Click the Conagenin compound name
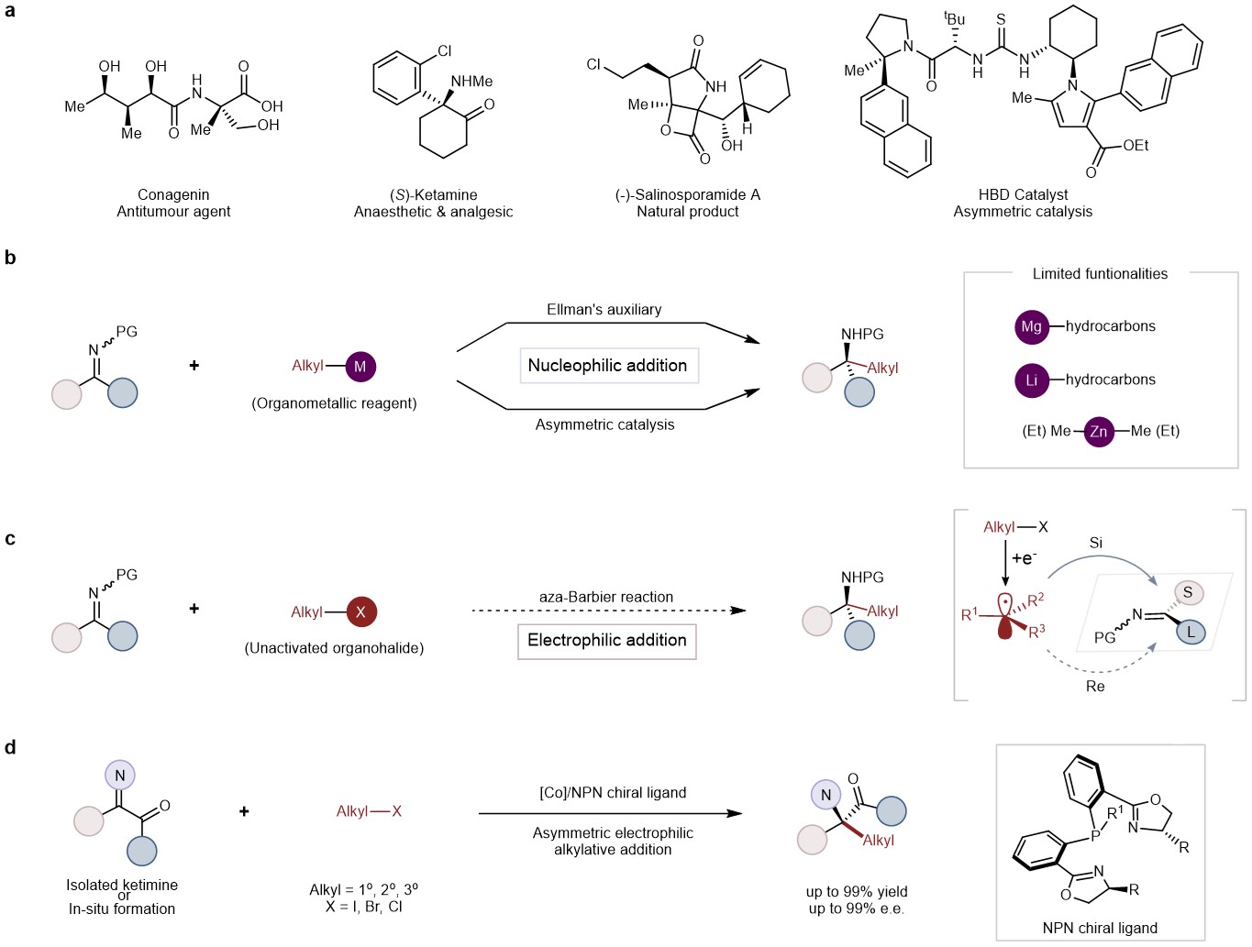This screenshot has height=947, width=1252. pos(173,194)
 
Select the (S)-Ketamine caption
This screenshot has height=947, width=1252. pos(433,194)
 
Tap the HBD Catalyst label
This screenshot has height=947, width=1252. pos(1023,194)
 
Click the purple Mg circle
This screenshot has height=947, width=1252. pos(1032,326)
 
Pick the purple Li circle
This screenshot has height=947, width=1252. pos(1032,380)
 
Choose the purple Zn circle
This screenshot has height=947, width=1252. pos(1099,431)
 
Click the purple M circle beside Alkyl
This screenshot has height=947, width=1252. pos(360,366)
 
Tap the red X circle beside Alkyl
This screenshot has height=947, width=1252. pos(360,611)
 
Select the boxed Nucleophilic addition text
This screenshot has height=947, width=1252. pos(608,365)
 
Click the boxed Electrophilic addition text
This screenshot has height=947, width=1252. pos(607,640)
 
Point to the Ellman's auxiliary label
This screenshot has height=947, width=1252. pos(604,310)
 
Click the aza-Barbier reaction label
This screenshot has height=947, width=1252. pos(605,597)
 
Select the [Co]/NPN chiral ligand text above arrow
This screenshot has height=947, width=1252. pos(613,792)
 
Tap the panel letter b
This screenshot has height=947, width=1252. pos(10,258)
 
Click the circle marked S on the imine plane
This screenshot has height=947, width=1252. pos(1187,592)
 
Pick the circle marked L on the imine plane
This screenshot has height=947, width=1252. pos(1191,632)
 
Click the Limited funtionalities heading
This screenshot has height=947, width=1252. pos(1100,273)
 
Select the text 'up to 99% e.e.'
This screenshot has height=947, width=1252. pos(857,908)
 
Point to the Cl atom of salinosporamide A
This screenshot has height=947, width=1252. pos(593,64)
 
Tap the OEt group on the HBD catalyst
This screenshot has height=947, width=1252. pos(1136,145)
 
